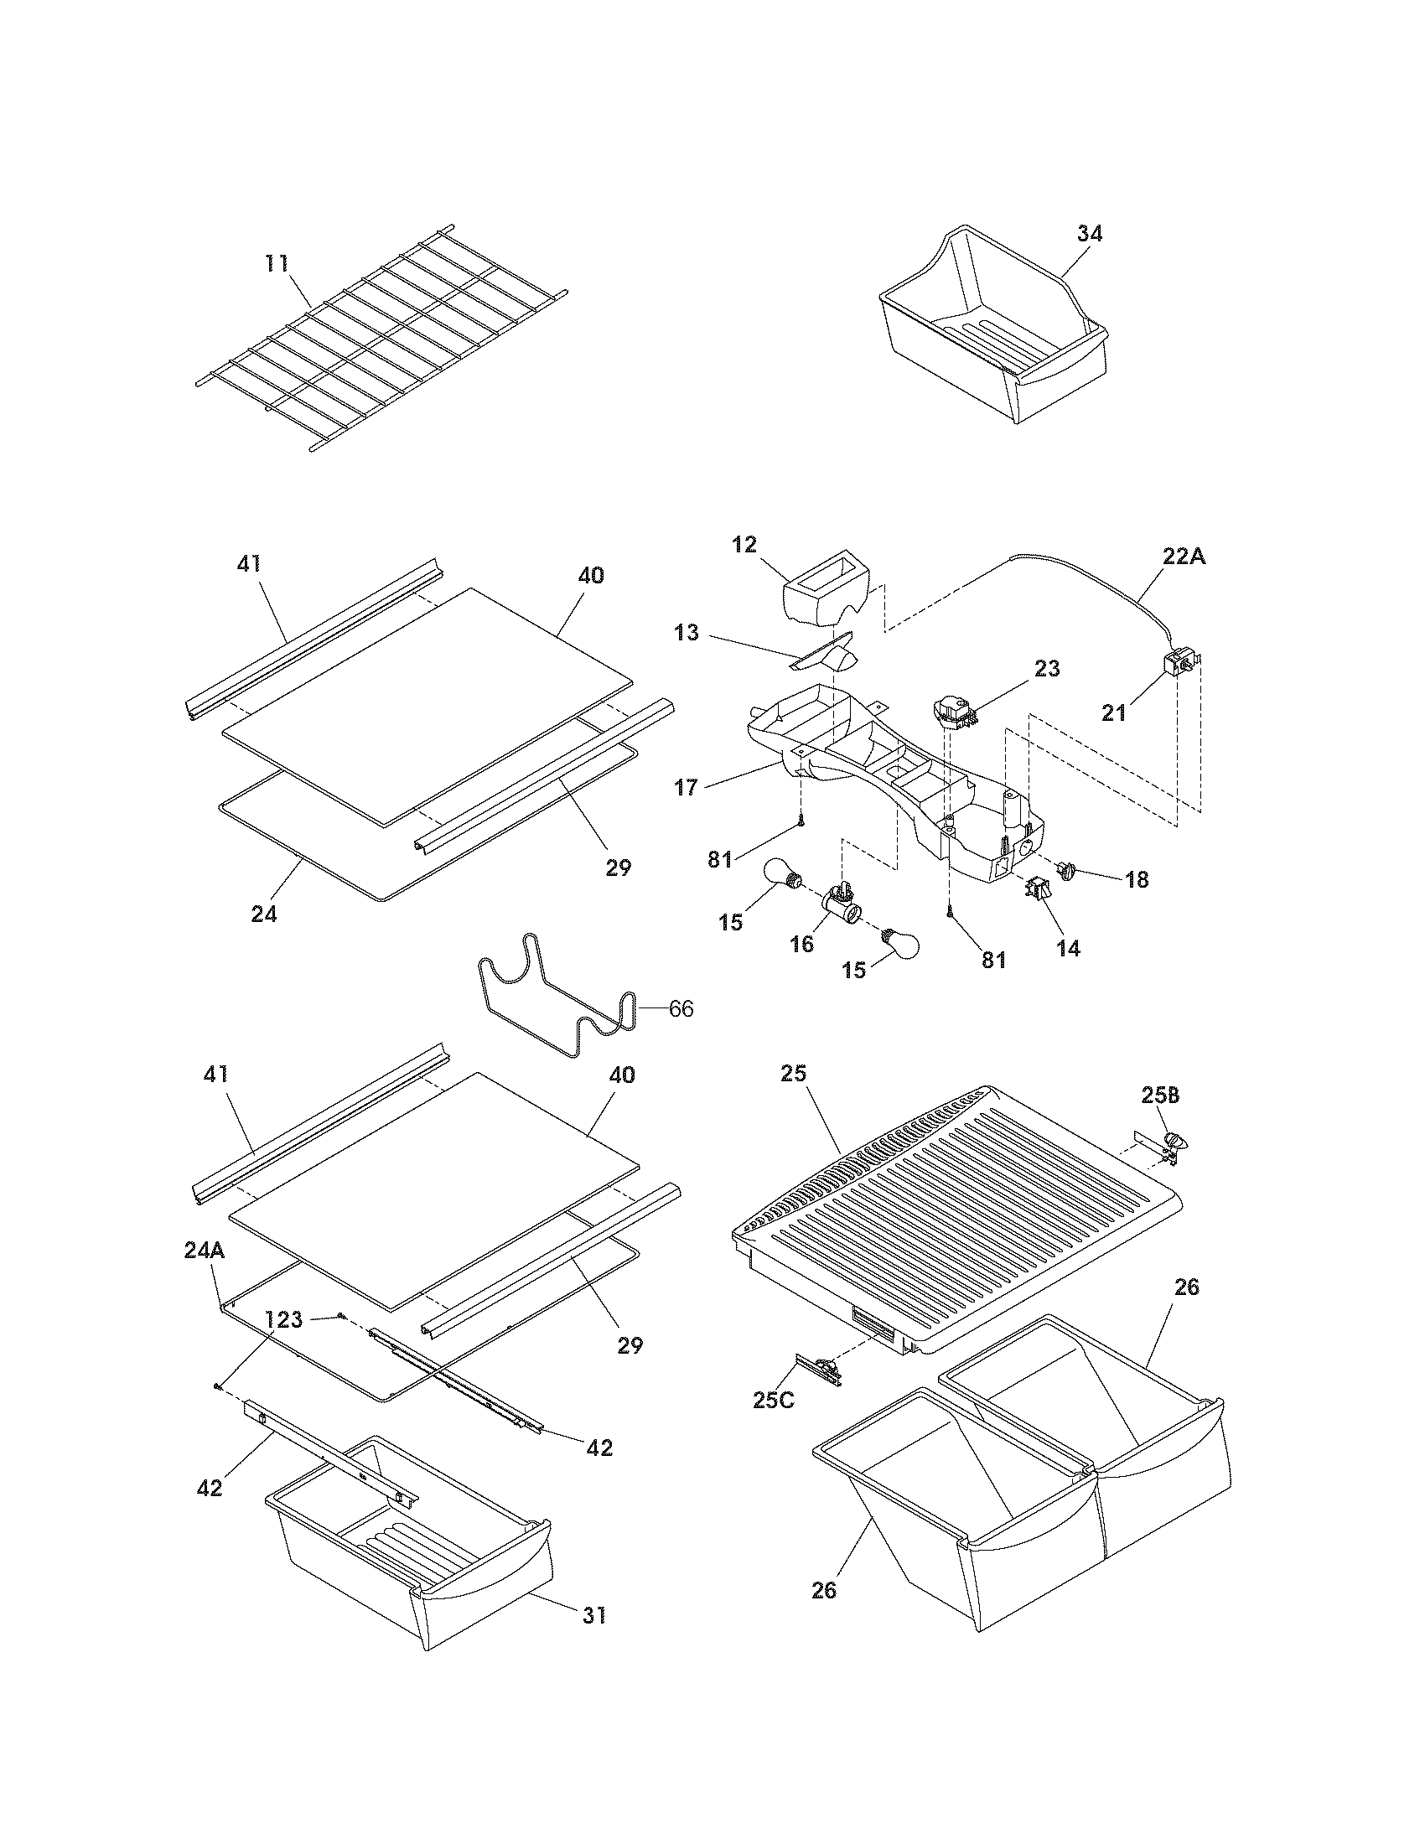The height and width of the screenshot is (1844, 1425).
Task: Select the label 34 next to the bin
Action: pos(1089,234)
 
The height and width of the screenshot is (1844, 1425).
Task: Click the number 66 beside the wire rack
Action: pos(681,1008)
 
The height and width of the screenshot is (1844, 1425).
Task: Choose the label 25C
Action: pos(774,1399)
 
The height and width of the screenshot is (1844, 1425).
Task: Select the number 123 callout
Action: pos(283,1319)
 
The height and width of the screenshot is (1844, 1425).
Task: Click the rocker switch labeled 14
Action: pos(1038,888)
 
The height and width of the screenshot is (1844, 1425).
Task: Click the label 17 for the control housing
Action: pos(686,787)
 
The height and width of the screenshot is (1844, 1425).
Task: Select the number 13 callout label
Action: pos(687,632)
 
